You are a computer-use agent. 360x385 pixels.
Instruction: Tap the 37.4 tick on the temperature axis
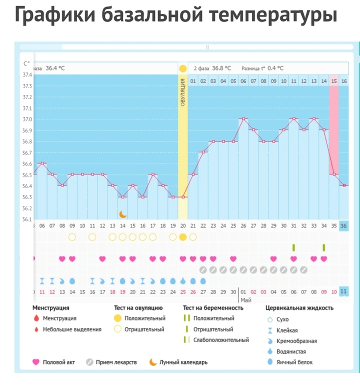pyautogui.click(x=26, y=75)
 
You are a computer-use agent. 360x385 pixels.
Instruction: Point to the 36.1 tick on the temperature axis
pyautogui.click(x=26, y=219)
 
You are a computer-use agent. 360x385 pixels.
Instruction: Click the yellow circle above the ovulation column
pyautogui.click(x=183, y=68)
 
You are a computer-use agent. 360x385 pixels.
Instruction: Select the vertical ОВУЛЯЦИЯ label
pyautogui.click(x=183, y=91)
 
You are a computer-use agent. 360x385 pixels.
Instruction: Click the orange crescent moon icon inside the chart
pyautogui.click(x=122, y=214)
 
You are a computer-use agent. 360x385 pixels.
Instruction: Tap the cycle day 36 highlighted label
pyautogui.click(x=343, y=225)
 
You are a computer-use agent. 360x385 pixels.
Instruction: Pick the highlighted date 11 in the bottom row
pyautogui.click(x=343, y=291)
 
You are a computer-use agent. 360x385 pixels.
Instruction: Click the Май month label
pyautogui.click(x=245, y=300)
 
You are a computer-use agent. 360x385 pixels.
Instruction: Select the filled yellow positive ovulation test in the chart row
pyautogui.click(x=183, y=237)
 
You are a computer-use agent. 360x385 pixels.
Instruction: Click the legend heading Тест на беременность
pyautogui.click(x=213, y=308)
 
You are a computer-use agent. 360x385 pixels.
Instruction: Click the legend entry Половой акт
pyautogui.click(x=58, y=362)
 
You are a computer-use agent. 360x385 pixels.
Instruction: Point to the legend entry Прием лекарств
pyautogui.click(x=117, y=362)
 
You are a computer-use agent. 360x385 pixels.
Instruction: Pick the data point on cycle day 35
pyautogui.click(x=334, y=174)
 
